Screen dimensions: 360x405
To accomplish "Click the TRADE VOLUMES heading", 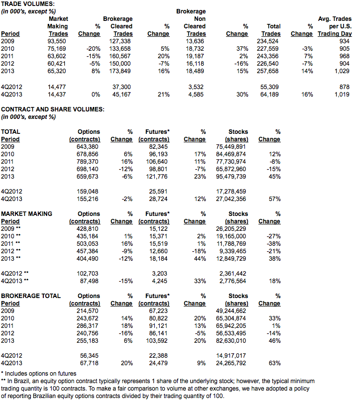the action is (x=28, y=4).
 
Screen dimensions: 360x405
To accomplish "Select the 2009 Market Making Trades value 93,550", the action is (x=57, y=41).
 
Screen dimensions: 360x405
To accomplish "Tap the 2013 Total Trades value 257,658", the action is (x=267, y=71).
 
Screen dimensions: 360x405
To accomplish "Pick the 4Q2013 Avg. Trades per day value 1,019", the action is (x=342, y=95).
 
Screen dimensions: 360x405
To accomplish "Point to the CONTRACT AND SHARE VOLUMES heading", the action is (x=53, y=109).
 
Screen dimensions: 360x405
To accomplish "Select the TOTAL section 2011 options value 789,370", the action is (x=87, y=162).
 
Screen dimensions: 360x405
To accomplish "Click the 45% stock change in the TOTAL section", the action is (x=274, y=177).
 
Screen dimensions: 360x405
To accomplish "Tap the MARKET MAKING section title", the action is (x=26, y=214).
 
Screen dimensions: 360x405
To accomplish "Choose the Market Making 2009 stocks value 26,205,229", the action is (x=231, y=229).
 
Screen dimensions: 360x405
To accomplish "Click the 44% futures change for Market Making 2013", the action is (x=200, y=259).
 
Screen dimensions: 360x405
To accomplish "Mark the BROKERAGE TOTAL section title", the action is (x=31, y=296).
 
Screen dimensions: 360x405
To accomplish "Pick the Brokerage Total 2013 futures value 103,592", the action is (x=157, y=341).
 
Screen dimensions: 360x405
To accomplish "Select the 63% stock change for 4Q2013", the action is (x=274, y=363).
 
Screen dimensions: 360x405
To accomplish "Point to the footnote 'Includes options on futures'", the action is (x=40, y=374).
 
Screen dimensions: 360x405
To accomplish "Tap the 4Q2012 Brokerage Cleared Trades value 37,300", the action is (x=121, y=87).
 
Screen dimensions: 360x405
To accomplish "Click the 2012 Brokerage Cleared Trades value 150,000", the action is (x=120, y=64).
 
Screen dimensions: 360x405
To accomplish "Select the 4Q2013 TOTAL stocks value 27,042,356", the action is (x=231, y=199).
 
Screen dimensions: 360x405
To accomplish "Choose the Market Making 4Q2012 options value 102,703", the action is (x=87, y=274).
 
